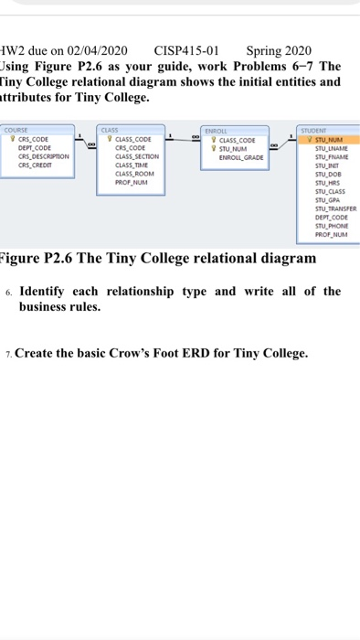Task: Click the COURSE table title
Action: [x=17, y=131]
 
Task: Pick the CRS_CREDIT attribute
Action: [x=36, y=165]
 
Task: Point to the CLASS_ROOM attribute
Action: [x=135, y=173]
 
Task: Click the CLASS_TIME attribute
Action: [x=132, y=165]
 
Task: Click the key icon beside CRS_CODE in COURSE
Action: [x=9, y=140]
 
